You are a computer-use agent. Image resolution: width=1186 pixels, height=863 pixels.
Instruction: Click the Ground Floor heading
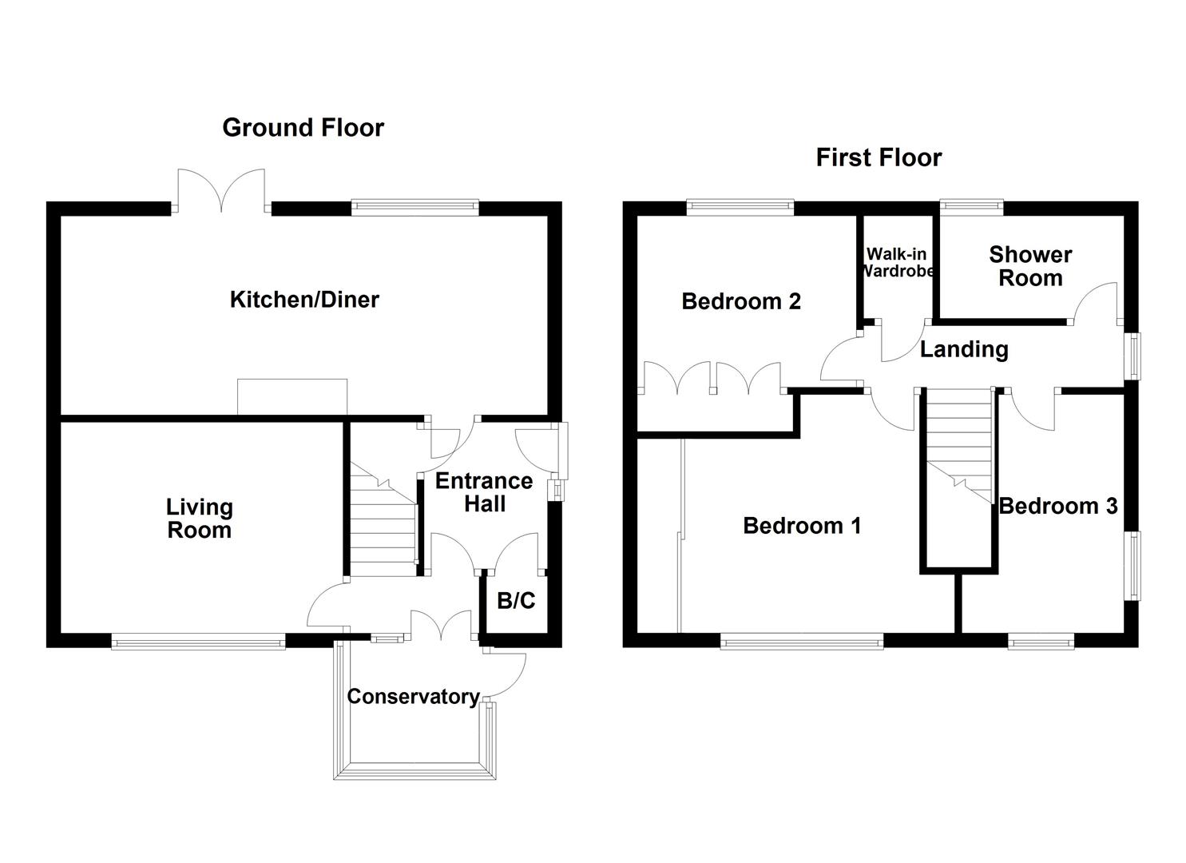tap(303, 128)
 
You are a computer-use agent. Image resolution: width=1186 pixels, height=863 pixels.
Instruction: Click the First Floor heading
tap(879, 157)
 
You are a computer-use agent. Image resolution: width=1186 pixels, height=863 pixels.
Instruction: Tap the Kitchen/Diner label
tap(304, 300)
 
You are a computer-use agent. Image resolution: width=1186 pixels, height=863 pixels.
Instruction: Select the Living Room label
tap(200, 519)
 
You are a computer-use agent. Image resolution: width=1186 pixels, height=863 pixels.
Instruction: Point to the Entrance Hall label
tap(484, 492)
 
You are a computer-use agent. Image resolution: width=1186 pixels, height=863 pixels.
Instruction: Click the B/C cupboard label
tap(516, 601)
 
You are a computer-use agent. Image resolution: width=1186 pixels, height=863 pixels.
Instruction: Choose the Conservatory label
tap(413, 697)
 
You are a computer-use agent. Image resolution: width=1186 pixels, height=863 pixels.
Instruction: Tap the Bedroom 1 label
tap(802, 526)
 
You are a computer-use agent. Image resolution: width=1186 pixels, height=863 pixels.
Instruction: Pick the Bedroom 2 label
tap(741, 301)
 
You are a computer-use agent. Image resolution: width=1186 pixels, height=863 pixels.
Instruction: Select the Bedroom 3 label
tap(1057, 506)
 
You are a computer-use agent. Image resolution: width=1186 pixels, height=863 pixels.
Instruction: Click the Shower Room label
tap(1030, 266)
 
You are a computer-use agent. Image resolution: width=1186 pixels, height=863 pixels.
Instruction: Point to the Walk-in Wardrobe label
tap(897, 262)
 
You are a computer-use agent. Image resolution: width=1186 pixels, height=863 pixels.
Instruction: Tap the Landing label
tap(964, 349)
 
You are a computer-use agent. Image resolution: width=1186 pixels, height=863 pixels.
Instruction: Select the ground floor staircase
tap(383, 519)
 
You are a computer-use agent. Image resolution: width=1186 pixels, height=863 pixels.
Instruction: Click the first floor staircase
tap(958, 447)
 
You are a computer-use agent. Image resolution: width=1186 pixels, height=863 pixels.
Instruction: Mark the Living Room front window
tap(198, 641)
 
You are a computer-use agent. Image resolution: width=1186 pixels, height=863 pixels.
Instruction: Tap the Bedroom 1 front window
tap(802, 640)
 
